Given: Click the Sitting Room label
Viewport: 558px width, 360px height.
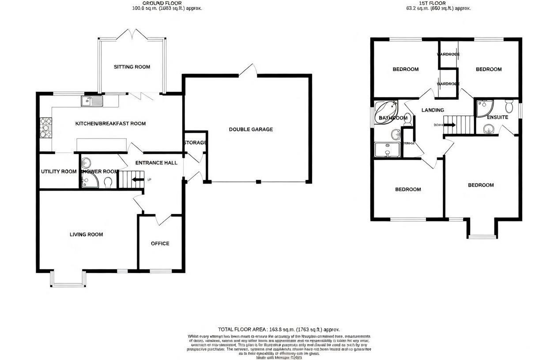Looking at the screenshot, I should [x=132, y=67].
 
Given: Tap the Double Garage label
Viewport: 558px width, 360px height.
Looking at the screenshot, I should [x=251, y=129].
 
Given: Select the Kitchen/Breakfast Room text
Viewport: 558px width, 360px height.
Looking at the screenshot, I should [x=110, y=124].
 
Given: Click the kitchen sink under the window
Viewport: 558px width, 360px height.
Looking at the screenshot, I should [x=91, y=101].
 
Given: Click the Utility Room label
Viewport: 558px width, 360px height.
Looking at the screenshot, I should [x=59, y=172].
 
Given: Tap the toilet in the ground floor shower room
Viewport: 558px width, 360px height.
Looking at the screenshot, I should [x=108, y=181].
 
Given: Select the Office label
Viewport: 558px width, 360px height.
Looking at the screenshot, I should [x=160, y=244].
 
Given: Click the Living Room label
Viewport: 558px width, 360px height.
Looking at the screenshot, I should [x=86, y=235].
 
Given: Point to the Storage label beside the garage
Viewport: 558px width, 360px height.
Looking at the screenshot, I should [x=195, y=142].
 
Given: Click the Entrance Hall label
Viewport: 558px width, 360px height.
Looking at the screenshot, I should [x=156, y=163].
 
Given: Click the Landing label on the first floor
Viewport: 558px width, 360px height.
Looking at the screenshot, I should [x=433, y=110].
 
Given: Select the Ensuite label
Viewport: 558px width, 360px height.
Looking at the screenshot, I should [x=498, y=117].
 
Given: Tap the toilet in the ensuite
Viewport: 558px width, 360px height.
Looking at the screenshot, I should [x=509, y=106].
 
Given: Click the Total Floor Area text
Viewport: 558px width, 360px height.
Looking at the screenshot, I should [x=279, y=330].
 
